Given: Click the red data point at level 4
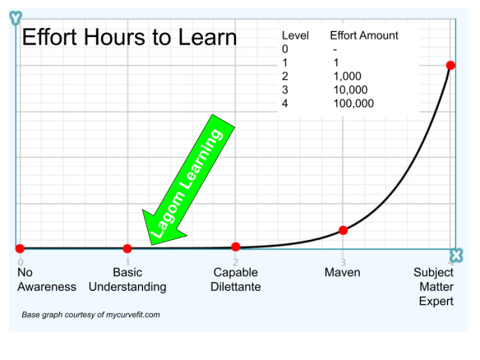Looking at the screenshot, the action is point(450,65).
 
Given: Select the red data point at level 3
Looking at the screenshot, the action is point(344,230).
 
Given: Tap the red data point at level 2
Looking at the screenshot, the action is point(235,247).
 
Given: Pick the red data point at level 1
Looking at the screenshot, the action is point(127,248).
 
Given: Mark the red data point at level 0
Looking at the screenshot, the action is point(20,248).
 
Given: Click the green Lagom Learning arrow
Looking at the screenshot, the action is point(188,181).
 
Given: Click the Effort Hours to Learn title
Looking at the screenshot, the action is point(130,37).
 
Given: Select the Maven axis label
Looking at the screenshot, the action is point(342,272).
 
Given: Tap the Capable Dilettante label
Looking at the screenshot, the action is point(236,279).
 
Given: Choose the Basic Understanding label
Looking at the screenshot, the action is point(127,279).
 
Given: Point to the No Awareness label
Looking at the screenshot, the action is point(47,279).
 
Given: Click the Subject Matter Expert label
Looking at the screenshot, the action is point(433,287).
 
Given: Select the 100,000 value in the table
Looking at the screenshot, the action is point(353,104).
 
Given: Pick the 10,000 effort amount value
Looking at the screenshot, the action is point(350,90).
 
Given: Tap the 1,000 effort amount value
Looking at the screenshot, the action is point(348,76).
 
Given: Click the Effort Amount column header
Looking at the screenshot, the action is point(364,35).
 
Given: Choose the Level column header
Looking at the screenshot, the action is point(295,35).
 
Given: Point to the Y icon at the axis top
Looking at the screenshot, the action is point(16,18).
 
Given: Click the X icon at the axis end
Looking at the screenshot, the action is point(456,256).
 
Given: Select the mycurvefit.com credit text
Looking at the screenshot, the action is point(90,315).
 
